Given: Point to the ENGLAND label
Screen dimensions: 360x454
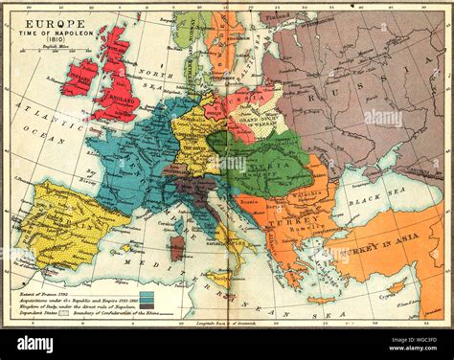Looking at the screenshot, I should [x=119, y=97].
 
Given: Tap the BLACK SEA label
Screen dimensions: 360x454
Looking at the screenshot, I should [x=367, y=204].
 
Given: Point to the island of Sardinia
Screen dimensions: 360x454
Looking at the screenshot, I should [x=177, y=248].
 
